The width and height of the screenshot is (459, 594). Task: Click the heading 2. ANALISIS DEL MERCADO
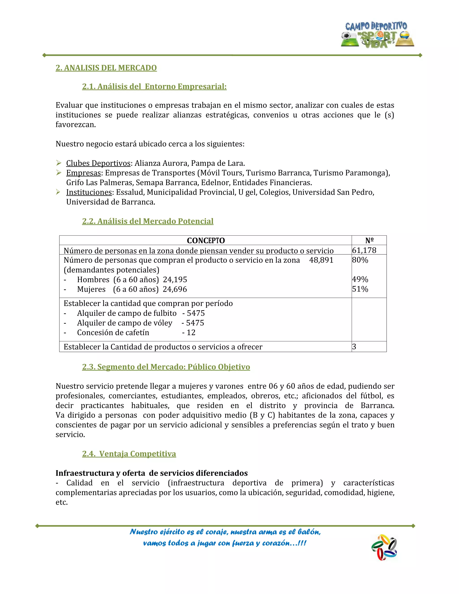(106, 68)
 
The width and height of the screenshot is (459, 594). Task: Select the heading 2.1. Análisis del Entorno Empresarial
(154, 87)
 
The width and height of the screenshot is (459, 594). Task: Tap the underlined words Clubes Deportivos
(98, 163)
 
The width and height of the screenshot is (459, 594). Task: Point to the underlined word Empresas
(83, 173)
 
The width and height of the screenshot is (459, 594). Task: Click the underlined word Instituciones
(89, 192)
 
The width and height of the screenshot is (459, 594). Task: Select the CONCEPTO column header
(206, 241)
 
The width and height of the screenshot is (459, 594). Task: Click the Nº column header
(369, 241)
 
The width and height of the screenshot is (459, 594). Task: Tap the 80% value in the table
(360, 260)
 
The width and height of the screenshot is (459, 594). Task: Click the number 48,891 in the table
(321, 260)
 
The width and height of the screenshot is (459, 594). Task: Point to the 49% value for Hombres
(360, 279)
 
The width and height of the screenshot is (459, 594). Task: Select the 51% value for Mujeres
(360, 289)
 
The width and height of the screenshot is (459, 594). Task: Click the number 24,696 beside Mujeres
(175, 289)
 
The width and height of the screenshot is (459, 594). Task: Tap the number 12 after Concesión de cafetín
(191, 332)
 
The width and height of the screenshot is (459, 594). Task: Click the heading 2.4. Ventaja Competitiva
(129, 454)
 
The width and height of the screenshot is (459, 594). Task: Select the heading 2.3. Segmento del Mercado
(166, 367)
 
